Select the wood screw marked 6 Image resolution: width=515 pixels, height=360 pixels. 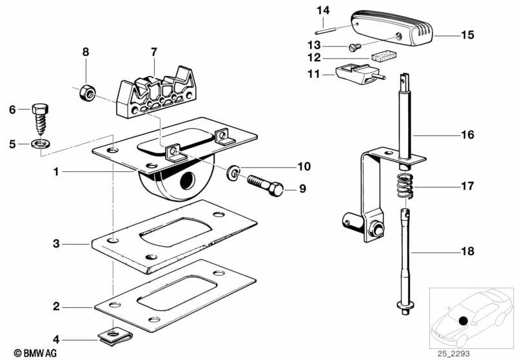point(40,118)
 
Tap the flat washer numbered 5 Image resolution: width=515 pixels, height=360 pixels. point(40,144)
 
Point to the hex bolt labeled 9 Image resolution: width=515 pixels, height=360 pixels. point(266,185)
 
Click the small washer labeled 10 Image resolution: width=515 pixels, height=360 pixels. point(233,173)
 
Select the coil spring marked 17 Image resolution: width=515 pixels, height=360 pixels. point(405,186)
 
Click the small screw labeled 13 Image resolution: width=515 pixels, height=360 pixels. point(355,48)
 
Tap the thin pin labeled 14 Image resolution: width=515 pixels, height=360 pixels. point(325,32)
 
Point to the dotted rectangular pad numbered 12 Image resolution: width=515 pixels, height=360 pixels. point(384,56)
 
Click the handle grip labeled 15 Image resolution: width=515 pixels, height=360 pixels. point(393,28)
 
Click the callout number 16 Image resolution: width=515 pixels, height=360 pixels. point(468,135)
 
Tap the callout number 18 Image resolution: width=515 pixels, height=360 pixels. point(468,251)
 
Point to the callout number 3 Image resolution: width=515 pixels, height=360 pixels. point(57,244)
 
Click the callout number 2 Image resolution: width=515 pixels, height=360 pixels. point(57,307)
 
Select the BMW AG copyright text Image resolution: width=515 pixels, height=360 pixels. point(35,353)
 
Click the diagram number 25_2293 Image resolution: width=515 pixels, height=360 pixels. point(453,354)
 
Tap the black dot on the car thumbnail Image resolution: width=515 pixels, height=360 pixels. point(463,321)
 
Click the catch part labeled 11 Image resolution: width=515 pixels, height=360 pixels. point(360,74)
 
